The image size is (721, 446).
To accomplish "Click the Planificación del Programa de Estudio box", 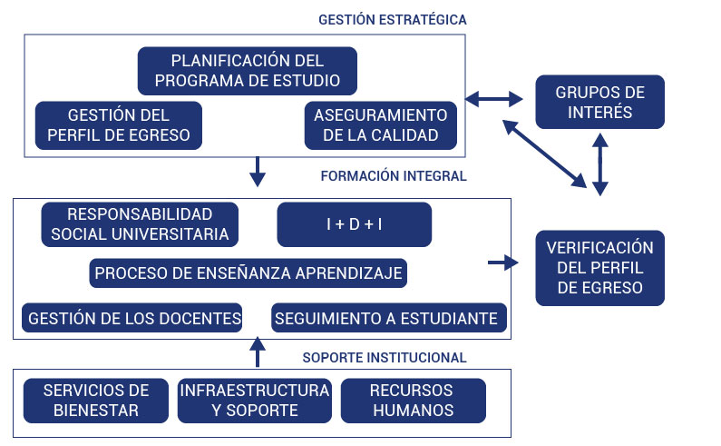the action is [x=248, y=71].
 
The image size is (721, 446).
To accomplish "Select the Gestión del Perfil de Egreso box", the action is [x=119, y=125].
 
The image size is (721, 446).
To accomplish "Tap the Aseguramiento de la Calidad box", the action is [x=381, y=125].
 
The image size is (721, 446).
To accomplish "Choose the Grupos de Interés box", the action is [x=599, y=102].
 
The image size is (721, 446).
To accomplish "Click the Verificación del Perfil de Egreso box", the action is [x=599, y=268].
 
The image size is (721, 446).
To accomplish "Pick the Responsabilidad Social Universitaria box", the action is [x=140, y=224].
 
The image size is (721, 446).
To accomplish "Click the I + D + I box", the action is [x=354, y=224].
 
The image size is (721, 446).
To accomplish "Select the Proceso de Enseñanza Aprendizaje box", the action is [x=248, y=273].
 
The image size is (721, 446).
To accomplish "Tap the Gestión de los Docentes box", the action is [x=132, y=318].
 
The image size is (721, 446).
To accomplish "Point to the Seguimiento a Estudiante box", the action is [x=388, y=318].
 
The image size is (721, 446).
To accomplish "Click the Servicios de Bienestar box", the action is [x=96, y=401].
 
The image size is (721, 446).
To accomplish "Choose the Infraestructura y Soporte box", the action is [x=255, y=401].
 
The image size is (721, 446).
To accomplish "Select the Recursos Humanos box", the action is [x=413, y=401].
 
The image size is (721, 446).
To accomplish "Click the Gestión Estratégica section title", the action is [x=393, y=20].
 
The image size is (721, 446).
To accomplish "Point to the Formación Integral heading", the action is [x=394, y=176].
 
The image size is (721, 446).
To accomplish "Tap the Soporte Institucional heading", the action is [x=385, y=358].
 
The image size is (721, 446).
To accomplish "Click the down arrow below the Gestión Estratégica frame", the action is [x=258, y=172].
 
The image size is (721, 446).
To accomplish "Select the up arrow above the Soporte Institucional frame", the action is [x=258, y=352].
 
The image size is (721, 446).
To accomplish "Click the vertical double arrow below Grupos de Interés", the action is [x=600, y=164].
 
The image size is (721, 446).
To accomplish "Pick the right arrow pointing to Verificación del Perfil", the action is [x=503, y=263].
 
